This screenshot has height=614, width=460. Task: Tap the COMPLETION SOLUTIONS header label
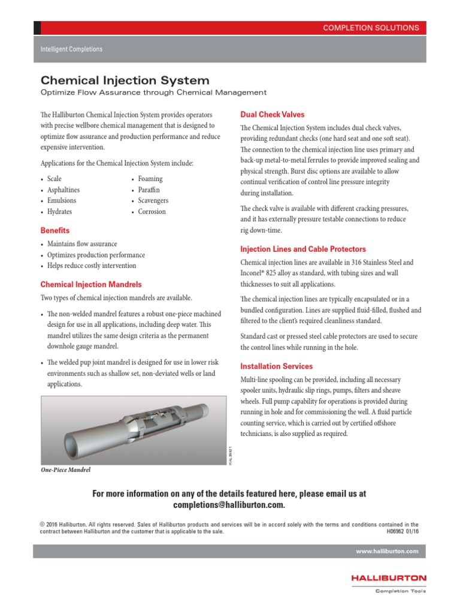point(371,28)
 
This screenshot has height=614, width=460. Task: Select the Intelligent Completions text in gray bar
point(71,49)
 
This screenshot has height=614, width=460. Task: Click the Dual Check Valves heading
point(272,114)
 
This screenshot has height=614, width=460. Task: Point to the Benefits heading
point(55,230)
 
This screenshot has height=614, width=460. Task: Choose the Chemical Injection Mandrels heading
point(91,284)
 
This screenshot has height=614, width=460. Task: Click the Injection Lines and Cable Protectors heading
point(302,249)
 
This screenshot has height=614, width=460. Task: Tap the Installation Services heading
point(276,366)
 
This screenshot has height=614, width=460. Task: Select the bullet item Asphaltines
point(63,190)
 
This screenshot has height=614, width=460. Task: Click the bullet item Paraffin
point(149,190)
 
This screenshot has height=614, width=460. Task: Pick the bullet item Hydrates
point(60,212)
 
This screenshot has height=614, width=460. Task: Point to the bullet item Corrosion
point(152,212)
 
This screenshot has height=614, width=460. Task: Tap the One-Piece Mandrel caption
point(65,469)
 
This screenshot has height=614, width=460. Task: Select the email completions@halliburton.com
point(229,505)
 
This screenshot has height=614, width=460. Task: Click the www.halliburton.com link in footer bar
point(387,551)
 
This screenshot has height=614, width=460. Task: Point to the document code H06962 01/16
point(403,531)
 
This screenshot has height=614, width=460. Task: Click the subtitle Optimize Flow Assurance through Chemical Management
point(153,92)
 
